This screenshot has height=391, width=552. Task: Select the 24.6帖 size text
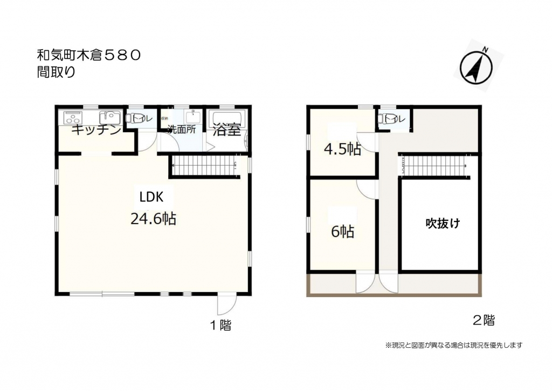click(153, 219)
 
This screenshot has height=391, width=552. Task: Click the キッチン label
click(96, 130)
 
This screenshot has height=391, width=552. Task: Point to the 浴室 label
click(226, 130)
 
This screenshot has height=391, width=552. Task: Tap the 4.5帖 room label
click(342, 150)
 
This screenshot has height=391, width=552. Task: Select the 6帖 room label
click(342, 232)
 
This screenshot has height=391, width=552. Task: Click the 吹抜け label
click(443, 223)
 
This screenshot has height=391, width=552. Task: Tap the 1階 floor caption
click(220, 325)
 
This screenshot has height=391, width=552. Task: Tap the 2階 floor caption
click(484, 320)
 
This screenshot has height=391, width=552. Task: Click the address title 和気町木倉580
click(89, 55)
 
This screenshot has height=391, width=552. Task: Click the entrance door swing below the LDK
click(225, 306)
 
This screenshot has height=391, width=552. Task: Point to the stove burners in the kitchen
click(73, 117)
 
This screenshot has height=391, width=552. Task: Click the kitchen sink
click(109, 117)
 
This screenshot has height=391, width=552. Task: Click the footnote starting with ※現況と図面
click(453, 345)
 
